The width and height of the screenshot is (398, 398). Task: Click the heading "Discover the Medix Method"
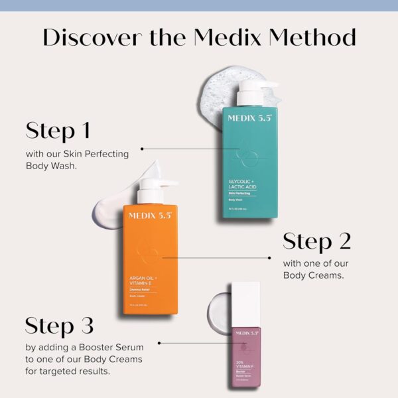pyautogui.click(x=199, y=37)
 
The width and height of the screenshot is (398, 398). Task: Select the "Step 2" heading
pyautogui.click(x=316, y=241)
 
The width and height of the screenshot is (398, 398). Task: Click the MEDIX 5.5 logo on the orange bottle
pyautogui.click(x=149, y=216)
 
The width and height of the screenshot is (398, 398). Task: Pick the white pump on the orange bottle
pyautogui.click(x=157, y=189)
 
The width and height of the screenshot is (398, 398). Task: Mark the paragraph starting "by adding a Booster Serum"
pyautogui.click(x=85, y=358)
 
